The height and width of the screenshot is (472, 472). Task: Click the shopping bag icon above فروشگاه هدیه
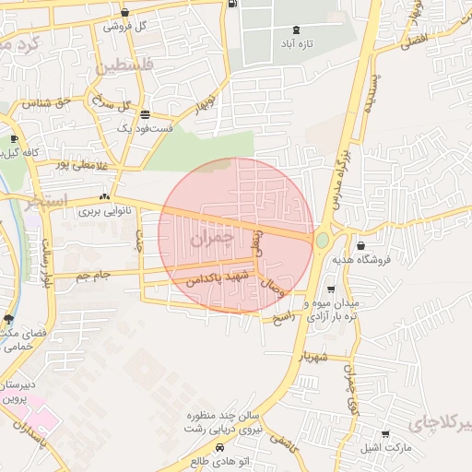360,245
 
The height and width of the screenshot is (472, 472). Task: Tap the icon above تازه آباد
295,29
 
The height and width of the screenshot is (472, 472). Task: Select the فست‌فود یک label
145,129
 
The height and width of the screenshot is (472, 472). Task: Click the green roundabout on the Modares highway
322,240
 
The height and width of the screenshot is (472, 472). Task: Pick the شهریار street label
312,356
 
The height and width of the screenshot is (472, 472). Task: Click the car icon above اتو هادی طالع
220,448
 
